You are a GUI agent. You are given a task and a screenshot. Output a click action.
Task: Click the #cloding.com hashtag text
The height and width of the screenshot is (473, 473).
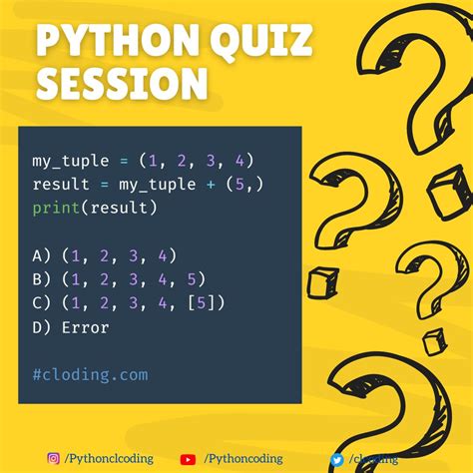click(89, 375)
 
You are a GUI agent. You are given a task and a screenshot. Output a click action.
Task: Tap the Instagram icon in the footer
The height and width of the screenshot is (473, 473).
click(53, 459)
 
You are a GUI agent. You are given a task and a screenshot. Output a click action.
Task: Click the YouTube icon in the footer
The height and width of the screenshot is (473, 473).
click(188, 459)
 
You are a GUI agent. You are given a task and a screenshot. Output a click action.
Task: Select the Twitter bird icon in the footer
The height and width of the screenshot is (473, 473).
click(336, 459)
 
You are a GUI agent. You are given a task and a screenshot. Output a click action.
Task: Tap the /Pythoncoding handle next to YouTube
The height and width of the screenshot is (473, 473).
click(240, 459)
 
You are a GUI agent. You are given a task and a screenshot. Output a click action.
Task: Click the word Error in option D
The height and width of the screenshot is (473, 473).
click(85, 327)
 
